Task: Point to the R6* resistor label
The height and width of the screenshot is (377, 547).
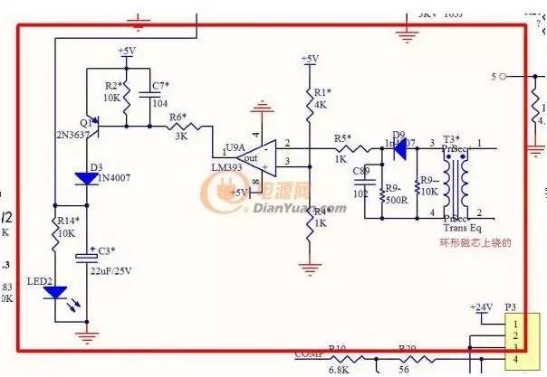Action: point(178,118)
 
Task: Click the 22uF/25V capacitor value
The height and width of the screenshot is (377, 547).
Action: point(116,269)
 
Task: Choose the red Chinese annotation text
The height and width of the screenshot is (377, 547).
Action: point(476,242)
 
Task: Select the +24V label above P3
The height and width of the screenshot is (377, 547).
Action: point(481,307)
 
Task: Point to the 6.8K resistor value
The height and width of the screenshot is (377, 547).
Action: point(339,369)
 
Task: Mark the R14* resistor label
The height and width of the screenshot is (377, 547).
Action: point(69,221)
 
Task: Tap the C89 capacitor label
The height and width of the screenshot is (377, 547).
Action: point(361,171)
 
